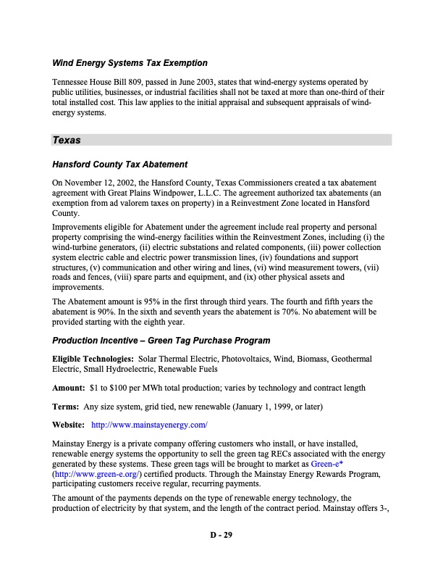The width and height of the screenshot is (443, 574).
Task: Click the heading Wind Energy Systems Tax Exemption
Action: tap(129, 63)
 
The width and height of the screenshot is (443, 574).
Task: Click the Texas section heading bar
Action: tap(221, 140)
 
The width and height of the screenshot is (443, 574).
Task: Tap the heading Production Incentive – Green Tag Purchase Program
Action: tap(161, 341)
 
